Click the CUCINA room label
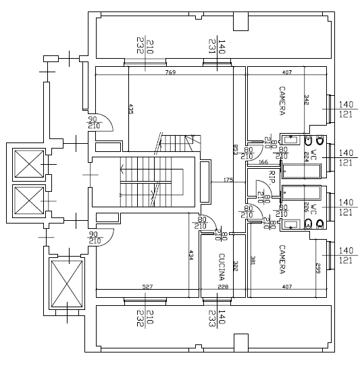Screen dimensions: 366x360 (222, 266)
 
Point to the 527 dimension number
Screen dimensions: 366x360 (147, 287)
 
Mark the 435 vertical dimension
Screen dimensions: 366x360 (131, 109)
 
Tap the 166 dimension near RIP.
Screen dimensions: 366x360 (263, 162)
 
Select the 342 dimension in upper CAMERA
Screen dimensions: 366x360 (306, 99)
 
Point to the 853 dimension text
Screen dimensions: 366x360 (235, 150)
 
